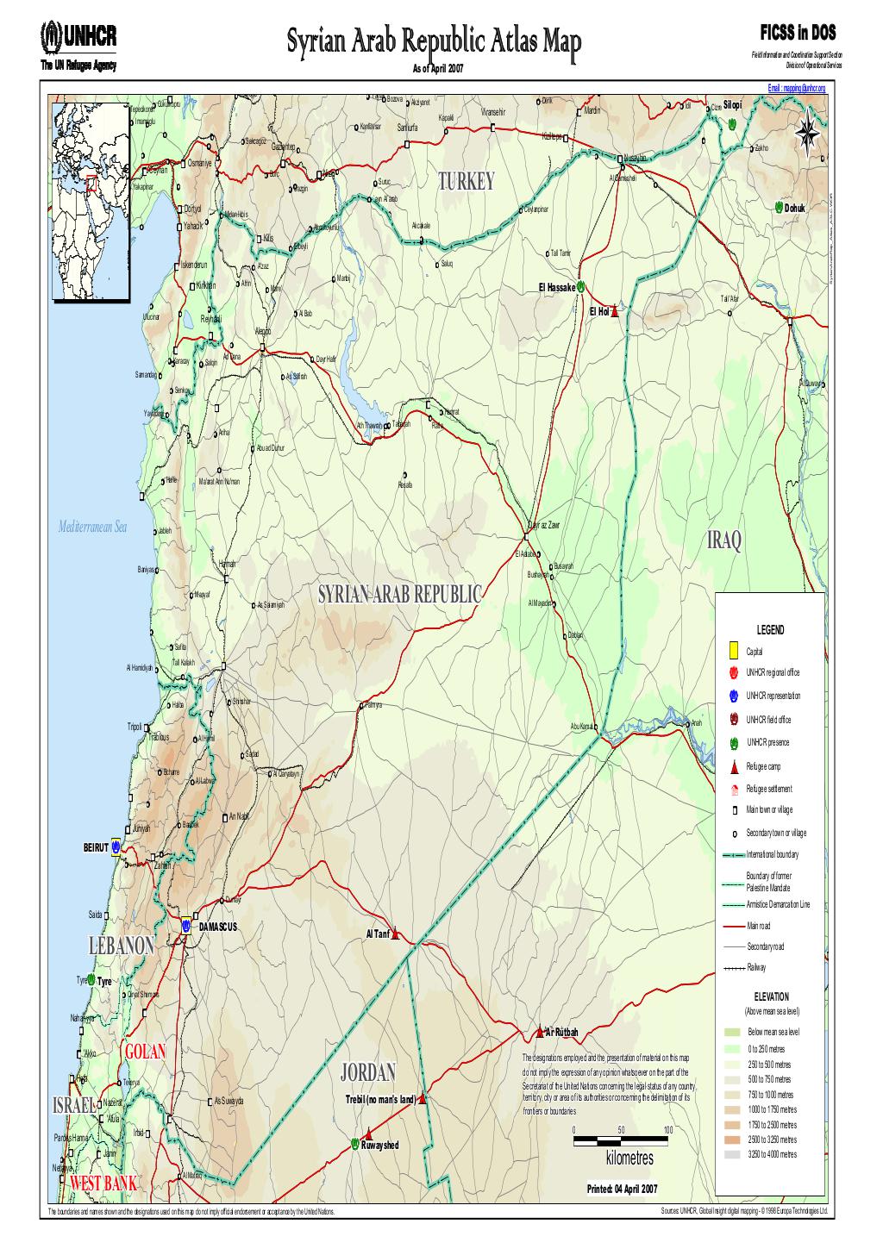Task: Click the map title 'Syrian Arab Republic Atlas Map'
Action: click(435, 41)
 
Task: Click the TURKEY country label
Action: click(467, 182)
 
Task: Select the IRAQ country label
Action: click(723, 541)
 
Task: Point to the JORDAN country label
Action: click(368, 1072)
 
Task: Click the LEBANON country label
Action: click(122, 946)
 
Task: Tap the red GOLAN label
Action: click(145, 1052)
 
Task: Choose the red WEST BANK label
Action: click(103, 1183)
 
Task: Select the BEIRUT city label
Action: click(96, 847)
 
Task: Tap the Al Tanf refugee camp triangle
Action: click(396, 934)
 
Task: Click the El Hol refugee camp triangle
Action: click(615, 312)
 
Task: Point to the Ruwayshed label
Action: click(380, 1146)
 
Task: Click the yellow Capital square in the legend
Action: click(732, 651)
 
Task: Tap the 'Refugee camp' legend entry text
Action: click(763, 765)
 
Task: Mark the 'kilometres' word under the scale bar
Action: click(629, 1158)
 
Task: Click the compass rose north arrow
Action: click(808, 132)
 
